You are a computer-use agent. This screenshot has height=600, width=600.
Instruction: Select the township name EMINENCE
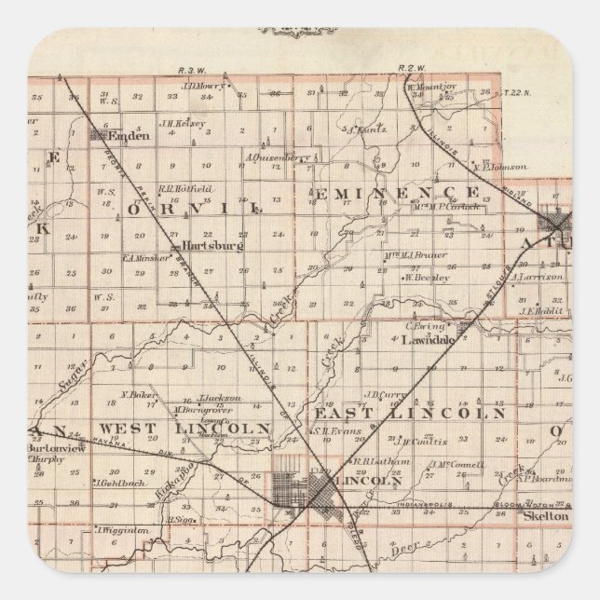click(x=395, y=191)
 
